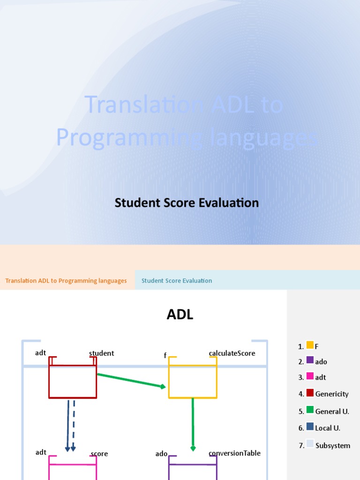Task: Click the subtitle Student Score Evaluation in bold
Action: [187, 203]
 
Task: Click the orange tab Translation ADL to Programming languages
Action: [66, 281]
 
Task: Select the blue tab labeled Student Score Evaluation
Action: [177, 281]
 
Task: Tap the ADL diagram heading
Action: [180, 315]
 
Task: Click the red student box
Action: [73, 382]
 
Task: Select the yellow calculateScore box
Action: [193, 382]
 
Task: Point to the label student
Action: [102, 353]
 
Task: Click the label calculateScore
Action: [232, 353]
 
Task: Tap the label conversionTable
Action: [234, 453]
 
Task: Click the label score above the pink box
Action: [99, 454]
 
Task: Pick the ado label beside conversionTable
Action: [161, 454]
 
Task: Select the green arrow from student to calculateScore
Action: [131, 380]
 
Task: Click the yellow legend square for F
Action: [310, 346]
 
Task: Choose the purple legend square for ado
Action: [310, 360]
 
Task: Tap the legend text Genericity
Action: [332, 394]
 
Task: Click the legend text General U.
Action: [332, 412]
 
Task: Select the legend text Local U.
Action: [328, 428]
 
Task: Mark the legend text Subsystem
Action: [333, 445]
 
